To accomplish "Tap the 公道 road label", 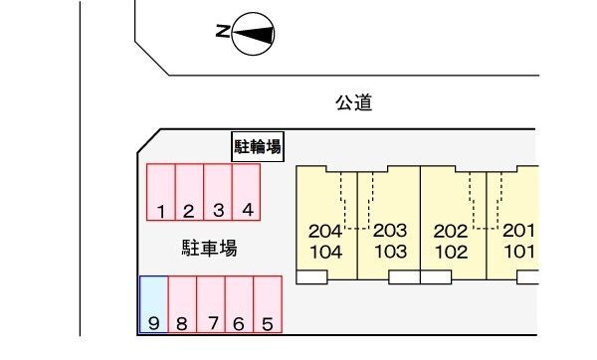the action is (354, 102).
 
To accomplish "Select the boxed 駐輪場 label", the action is (258, 148).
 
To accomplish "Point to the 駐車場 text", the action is (209, 249).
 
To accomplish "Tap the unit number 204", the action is (325, 231).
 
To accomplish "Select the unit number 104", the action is (325, 252).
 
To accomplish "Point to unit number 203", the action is (390, 231).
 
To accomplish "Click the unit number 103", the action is (390, 252).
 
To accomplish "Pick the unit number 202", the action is (451, 231).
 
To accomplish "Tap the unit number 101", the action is (518, 252).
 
